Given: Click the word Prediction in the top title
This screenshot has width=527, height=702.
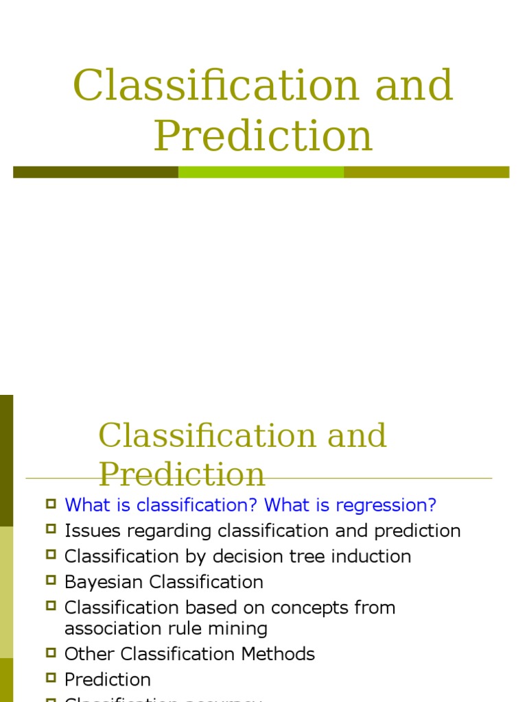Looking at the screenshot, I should coord(263,136).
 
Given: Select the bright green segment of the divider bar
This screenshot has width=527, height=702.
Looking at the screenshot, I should coord(261,172).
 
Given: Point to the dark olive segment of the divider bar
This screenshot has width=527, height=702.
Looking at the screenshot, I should coord(95,172).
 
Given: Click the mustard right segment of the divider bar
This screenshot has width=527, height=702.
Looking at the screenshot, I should coord(426,172).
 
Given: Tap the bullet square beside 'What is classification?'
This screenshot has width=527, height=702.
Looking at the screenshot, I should coord(51,505).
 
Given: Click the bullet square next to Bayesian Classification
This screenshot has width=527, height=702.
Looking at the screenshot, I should coord(51,581).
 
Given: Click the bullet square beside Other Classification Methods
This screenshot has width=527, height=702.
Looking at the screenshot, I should coord(51,653).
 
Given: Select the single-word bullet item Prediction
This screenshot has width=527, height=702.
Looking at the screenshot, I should coord(107,679).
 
